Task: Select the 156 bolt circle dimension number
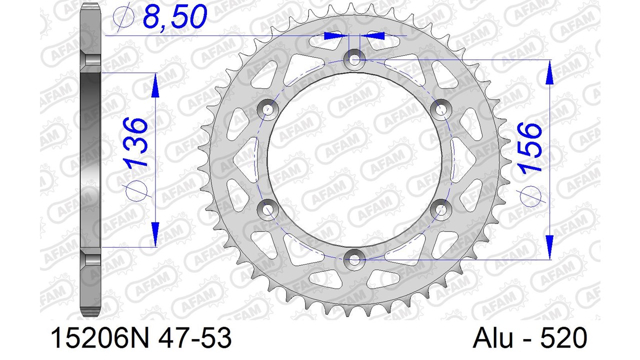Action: coord(530,147)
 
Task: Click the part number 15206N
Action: coord(99,338)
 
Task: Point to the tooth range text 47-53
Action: coord(194,338)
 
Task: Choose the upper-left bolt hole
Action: coord(267,109)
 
